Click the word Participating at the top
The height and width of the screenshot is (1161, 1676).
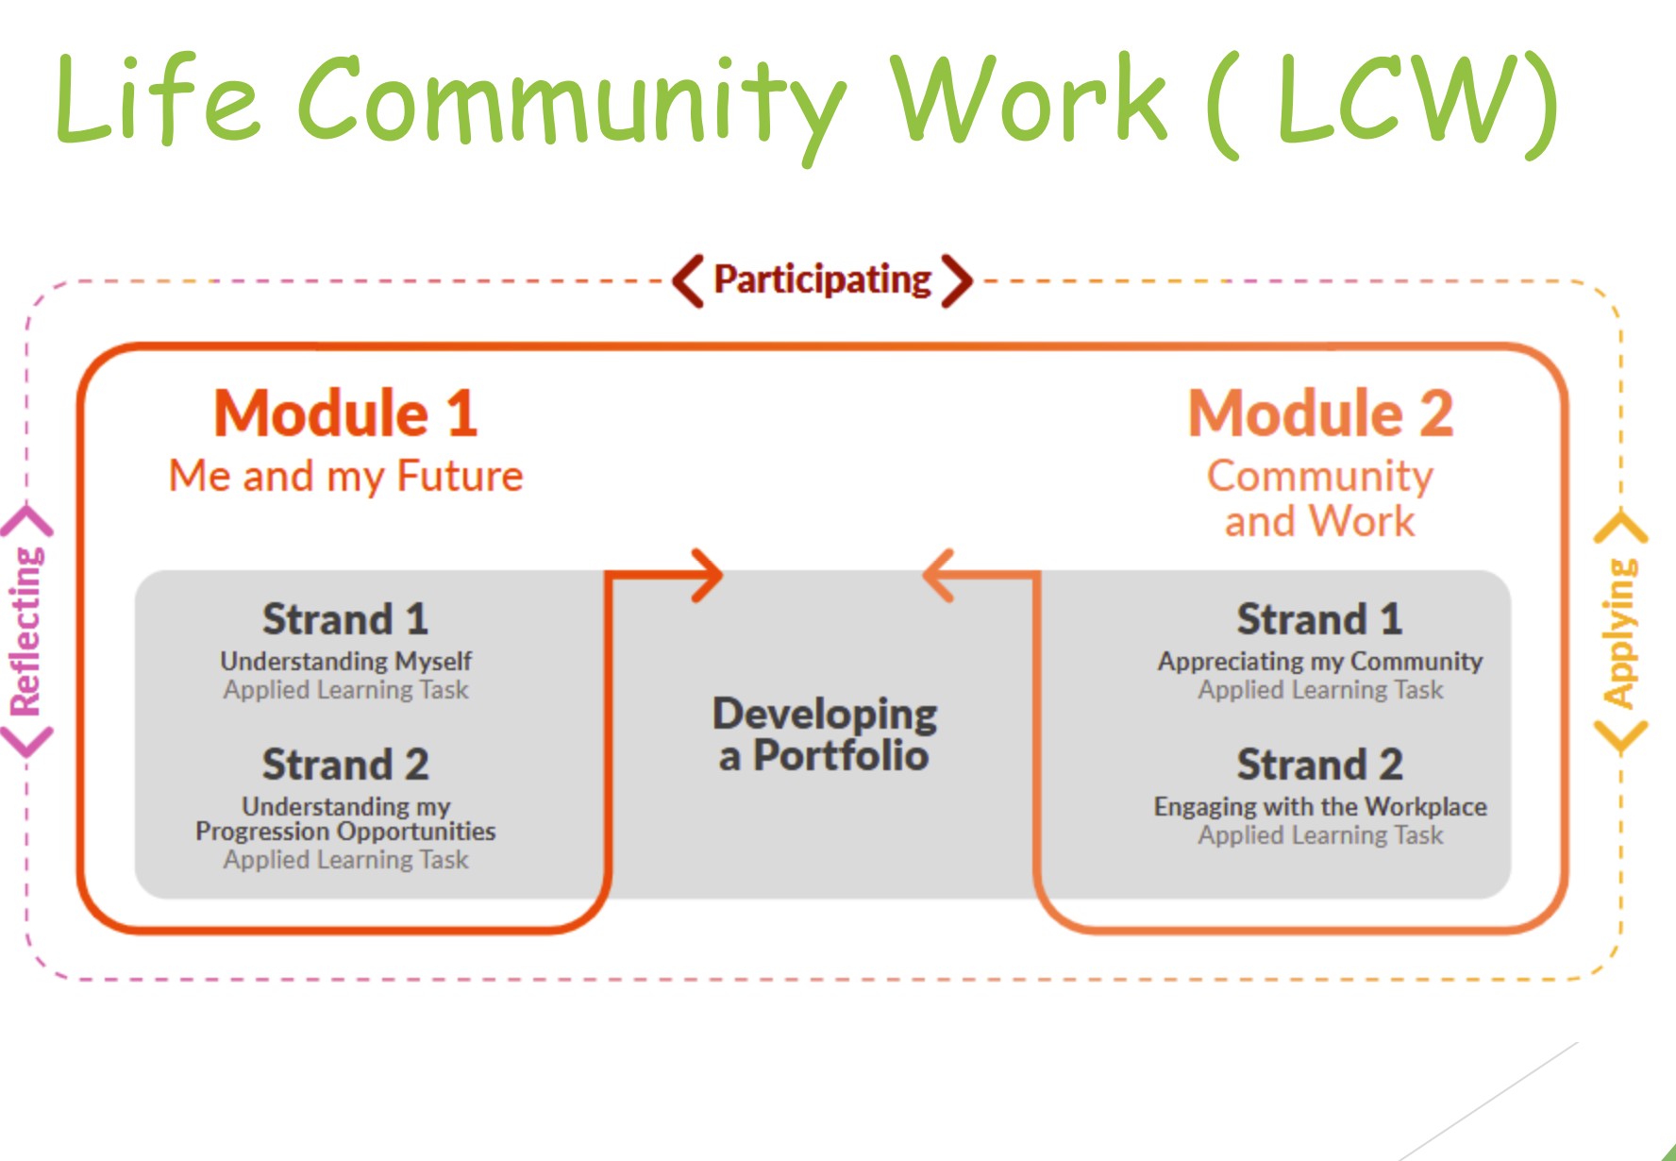[822, 280]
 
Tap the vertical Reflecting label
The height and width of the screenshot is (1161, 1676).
[26, 631]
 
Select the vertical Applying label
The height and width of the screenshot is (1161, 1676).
[1620, 632]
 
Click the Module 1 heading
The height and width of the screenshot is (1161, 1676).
[345, 413]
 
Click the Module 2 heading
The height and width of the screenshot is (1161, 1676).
[1320, 413]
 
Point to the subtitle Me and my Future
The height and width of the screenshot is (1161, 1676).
[345, 476]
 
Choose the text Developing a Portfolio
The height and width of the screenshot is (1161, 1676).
[825, 734]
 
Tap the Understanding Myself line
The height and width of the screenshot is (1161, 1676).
[345, 661]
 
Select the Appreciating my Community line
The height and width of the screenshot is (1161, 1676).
[1320, 661]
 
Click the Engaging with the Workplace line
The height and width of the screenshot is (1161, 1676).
[1320, 806]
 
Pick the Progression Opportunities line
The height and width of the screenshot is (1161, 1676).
[345, 832]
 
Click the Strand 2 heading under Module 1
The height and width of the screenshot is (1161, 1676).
[345, 765]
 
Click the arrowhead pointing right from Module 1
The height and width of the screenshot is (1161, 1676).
[708, 575]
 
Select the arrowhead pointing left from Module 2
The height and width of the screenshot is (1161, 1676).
[938, 575]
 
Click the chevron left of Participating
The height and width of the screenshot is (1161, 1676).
[688, 280]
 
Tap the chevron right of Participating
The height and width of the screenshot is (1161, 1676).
[956, 280]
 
